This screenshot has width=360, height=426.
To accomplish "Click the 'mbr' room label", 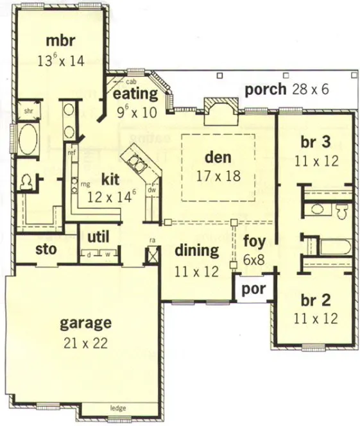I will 60,41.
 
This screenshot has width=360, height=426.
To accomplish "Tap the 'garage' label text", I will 85,322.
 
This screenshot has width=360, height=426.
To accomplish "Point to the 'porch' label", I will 265,89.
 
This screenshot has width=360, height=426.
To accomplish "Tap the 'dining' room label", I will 196,251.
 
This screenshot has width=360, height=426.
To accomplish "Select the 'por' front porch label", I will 253,288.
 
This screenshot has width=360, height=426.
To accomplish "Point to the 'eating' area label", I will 135,94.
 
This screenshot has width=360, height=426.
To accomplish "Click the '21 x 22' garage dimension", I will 85,341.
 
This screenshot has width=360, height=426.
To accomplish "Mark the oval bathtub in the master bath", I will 28,140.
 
